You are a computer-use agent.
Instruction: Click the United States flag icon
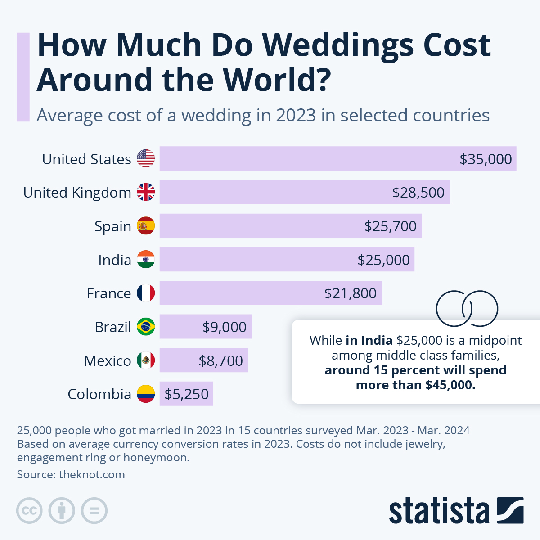[x=146, y=158]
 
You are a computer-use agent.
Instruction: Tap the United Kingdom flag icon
[x=146, y=192]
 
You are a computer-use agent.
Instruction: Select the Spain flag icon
[x=146, y=226]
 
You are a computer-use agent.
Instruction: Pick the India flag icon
[x=146, y=260]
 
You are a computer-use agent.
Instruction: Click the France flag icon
[x=146, y=293]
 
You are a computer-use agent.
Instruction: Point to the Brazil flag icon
[x=146, y=327]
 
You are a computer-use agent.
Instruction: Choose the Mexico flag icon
[x=146, y=360]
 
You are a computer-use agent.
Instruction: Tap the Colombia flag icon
[x=146, y=394]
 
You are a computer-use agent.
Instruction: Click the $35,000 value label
[x=486, y=159]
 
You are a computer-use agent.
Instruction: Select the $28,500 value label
[x=418, y=193]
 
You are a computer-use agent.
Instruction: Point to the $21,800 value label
[x=350, y=293]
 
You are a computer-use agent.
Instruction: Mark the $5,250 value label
[x=186, y=394]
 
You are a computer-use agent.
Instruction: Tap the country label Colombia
[x=99, y=394]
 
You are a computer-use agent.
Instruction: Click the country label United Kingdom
[x=77, y=193]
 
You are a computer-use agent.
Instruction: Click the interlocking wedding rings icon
[x=467, y=308]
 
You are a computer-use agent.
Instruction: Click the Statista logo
[x=456, y=511]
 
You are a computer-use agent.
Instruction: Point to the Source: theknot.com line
[x=71, y=474]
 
